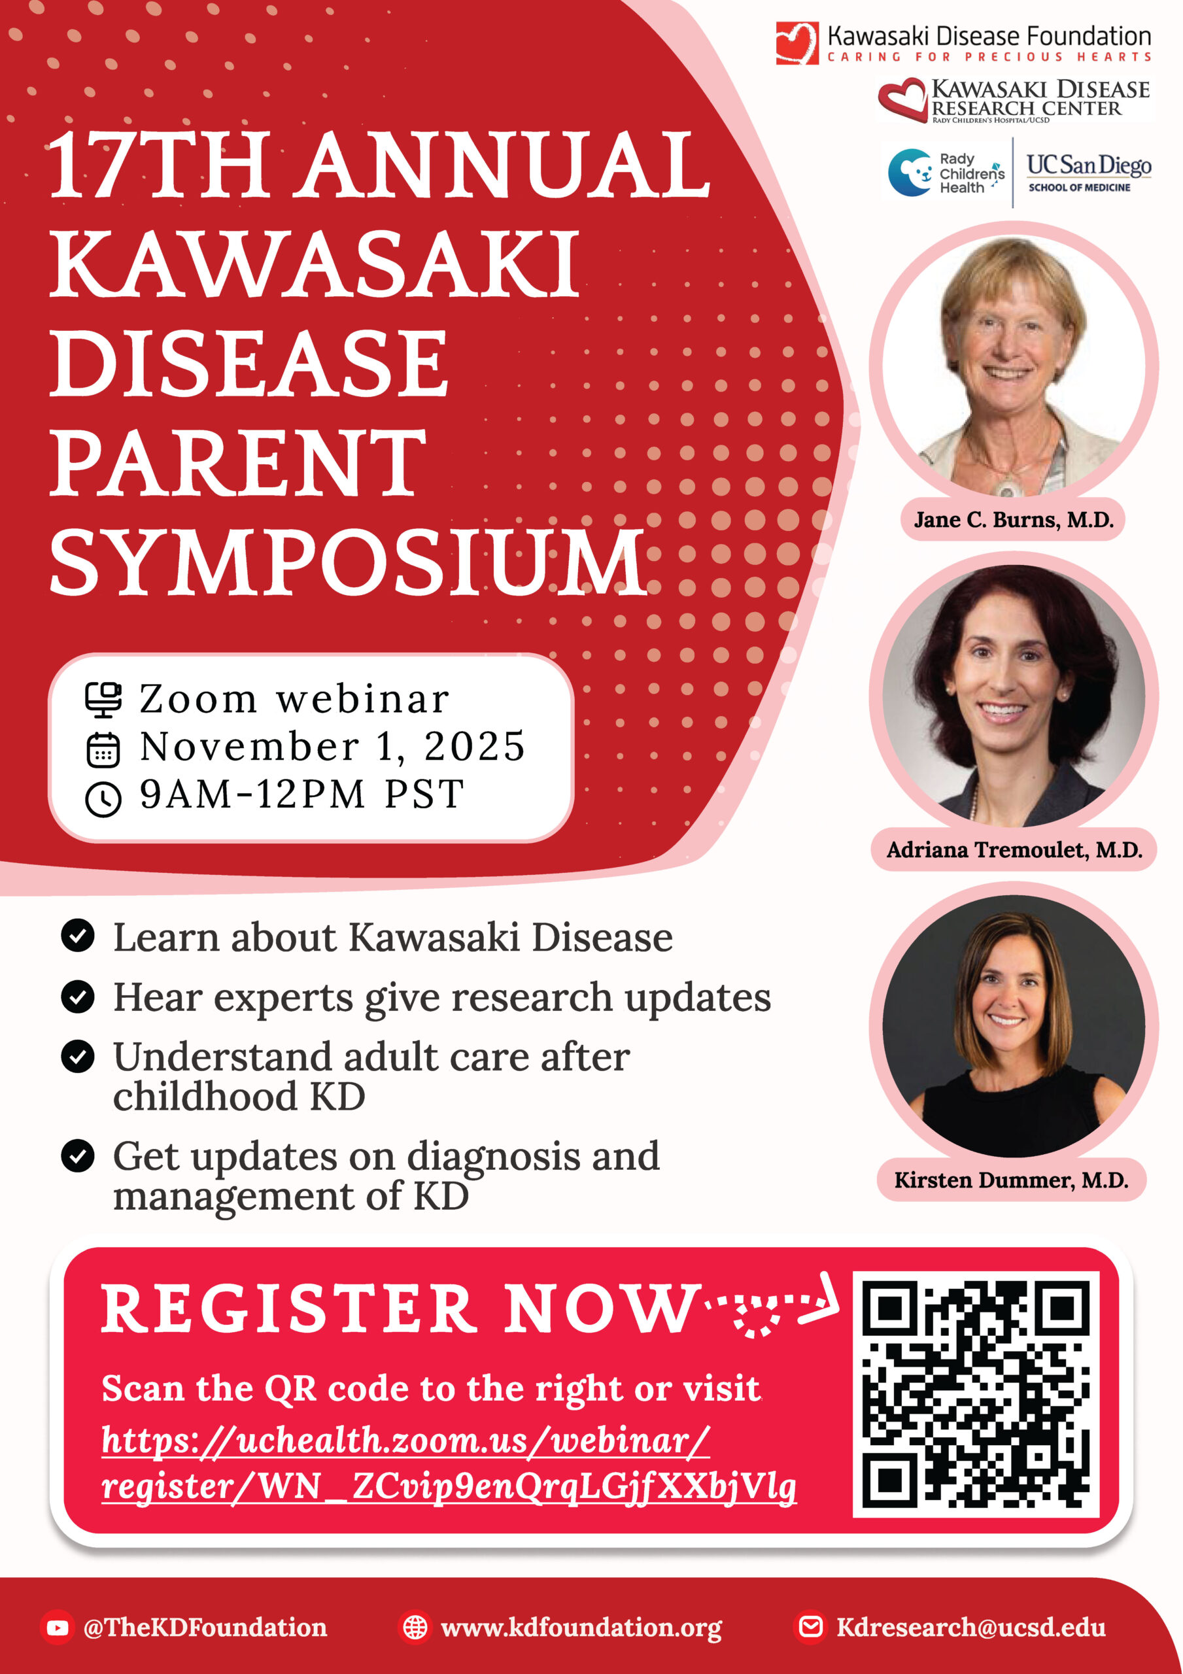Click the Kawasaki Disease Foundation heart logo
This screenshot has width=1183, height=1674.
797,43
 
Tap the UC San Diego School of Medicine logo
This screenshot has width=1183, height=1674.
1089,173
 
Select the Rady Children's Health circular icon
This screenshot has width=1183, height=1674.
910,173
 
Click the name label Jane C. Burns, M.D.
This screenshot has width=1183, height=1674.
1013,520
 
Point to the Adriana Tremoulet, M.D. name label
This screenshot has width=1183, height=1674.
1014,849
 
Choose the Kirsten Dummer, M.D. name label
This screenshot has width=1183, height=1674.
1011,1180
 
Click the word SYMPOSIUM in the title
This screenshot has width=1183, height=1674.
348,562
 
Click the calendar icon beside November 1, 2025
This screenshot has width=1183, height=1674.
103,749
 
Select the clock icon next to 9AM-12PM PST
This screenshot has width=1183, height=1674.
103,798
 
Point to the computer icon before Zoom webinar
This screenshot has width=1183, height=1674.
103,699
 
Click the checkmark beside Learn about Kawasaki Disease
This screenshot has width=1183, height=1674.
78,936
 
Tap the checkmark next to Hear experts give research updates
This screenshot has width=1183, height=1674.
78,997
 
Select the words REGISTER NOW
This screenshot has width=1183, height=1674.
400,1310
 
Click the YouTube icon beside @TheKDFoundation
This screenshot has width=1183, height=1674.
57,1628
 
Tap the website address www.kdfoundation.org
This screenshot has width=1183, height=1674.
581,1628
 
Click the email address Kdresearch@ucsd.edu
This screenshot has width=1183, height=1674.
970,1628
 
